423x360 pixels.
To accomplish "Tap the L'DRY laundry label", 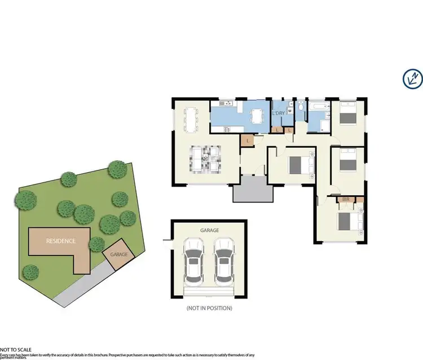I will (x=279, y=113).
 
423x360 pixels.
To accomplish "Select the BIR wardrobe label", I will (x=346, y=200).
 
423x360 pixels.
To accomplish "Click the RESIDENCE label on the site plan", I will (x=60, y=241).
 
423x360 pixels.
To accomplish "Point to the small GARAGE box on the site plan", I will (x=118, y=254).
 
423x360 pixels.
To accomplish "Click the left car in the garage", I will (x=195, y=262).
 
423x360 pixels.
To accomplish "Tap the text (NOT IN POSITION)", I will (x=210, y=308).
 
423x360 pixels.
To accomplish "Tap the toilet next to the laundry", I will (x=302, y=107).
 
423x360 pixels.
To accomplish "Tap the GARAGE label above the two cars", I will (x=209, y=230).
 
